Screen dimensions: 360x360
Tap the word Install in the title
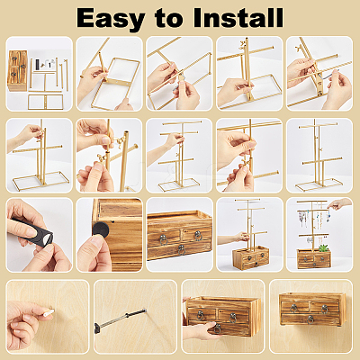pyautogui.click(x=238, y=18)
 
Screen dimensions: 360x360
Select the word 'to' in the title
pyautogui.click(x=169, y=19)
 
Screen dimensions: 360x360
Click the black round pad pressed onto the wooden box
pyautogui.click(x=100, y=229)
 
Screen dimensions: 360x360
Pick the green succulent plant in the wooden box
pyautogui.click(x=322, y=248)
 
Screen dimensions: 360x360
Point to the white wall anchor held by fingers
pyautogui.click(x=49, y=312)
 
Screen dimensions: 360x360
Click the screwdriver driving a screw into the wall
pyautogui.click(x=120, y=320)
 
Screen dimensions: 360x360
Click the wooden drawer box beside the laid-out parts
pyautogui.click(x=18, y=70)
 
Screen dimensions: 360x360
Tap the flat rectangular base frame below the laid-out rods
pyautogui.click(x=46, y=102)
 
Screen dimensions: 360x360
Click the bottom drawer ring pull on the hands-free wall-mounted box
pyautogui.click(x=310, y=319)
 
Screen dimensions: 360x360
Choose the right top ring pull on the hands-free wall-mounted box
pyautogui.click(x=325, y=309)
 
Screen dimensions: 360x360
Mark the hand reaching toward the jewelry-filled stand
pyautogui.click(x=339, y=204)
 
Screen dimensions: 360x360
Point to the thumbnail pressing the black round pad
pyautogui.click(x=96, y=240)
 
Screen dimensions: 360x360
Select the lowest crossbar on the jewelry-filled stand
pyautogui.click(x=313, y=235)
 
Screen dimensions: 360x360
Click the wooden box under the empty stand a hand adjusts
pyautogui.click(x=251, y=257)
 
